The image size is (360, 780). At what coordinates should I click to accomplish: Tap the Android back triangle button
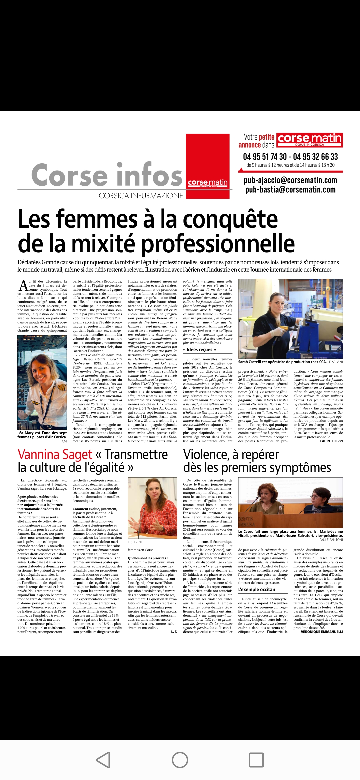point(104,760)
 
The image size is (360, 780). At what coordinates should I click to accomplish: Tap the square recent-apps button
point(256,760)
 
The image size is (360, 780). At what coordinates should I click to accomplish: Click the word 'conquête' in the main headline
point(230,220)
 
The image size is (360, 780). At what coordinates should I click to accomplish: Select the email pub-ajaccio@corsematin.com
point(290,180)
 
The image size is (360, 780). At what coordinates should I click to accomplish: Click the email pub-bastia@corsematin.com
point(290,190)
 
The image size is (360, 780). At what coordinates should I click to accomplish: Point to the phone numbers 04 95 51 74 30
point(265,157)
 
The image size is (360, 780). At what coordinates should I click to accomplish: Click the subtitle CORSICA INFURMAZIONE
point(141,196)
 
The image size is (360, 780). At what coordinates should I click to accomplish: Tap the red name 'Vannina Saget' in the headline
point(55,455)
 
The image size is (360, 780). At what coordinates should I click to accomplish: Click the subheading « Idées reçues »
point(199,349)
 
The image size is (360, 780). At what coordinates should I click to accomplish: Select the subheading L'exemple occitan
point(256,589)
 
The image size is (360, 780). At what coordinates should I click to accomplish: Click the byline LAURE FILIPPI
point(331,441)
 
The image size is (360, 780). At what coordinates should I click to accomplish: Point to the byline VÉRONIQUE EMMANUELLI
point(322,632)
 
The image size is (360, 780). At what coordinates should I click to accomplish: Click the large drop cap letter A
point(23,286)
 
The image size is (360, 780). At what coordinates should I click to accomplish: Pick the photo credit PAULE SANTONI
point(331,540)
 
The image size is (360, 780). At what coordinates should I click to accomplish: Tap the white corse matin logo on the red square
point(208,183)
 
